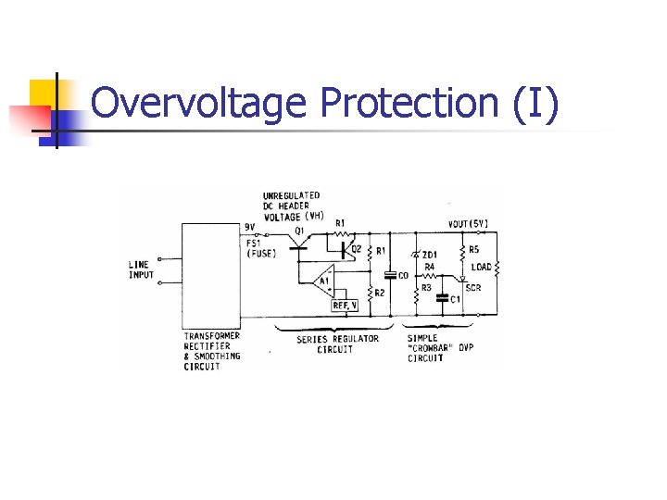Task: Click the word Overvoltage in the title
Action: [x=199, y=103]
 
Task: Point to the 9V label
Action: [x=249, y=227]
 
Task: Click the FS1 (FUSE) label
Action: [x=262, y=248]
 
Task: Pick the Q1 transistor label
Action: [x=298, y=230]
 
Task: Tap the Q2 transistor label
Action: [x=356, y=248]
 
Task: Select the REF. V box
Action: [x=346, y=303]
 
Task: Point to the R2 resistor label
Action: [x=380, y=293]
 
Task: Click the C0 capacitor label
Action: [x=404, y=275]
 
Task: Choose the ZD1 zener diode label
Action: [x=428, y=254]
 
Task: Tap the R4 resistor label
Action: [x=430, y=269]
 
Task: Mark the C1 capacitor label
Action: [x=455, y=298]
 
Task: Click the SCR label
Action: [x=473, y=288]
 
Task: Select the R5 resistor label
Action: [x=474, y=249]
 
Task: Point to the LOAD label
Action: [x=481, y=268]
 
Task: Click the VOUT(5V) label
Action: [x=469, y=223]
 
